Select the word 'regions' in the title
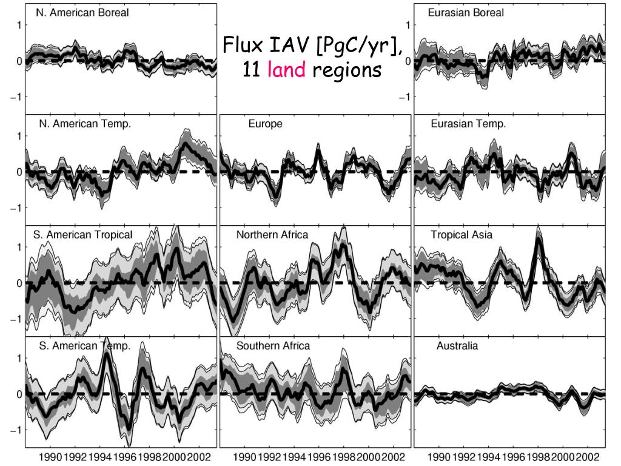pyautogui.click(x=347, y=70)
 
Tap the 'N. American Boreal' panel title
pyautogui.click(x=82, y=13)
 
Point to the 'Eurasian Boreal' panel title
pyautogui.click(x=466, y=13)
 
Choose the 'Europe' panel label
pyautogui.click(x=265, y=124)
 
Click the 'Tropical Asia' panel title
pyautogui.click(x=462, y=235)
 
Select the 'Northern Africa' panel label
pyautogui.click(x=272, y=235)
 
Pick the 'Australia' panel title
pyautogui.click(x=457, y=346)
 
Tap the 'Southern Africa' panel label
pyautogui.click(x=273, y=346)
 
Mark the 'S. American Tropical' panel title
pyautogui.click(x=82, y=235)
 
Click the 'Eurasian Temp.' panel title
pyautogui.click(x=468, y=124)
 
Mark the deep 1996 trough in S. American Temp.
pyautogui.click(x=128, y=427)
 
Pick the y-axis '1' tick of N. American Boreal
pyautogui.click(x=19, y=25)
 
